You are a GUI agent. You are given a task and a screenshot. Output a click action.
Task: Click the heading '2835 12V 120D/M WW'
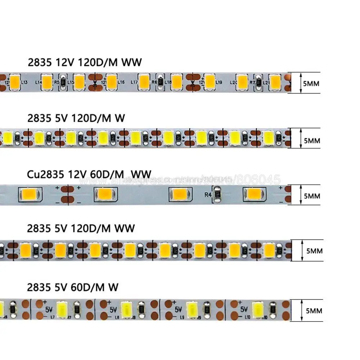click(x=85, y=62)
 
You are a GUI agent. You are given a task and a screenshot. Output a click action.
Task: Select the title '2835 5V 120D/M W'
click(x=76, y=119)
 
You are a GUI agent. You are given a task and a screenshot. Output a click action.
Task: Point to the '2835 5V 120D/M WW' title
click(x=81, y=228)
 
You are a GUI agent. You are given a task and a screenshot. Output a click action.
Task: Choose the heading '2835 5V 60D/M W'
click(x=73, y=287)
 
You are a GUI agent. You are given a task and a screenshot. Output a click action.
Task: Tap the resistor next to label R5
click(x=63, y=82)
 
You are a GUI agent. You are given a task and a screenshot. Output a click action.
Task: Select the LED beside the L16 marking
click(x=112, y=81)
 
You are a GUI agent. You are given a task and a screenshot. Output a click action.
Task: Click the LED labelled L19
click(x=210, y=81)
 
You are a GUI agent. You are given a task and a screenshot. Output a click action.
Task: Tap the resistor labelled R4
click(x=217, y=195)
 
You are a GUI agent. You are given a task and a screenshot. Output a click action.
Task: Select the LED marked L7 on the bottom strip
click(x=59, y=308)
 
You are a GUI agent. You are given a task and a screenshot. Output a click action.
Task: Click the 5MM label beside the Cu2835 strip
click(x=312, y=196)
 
